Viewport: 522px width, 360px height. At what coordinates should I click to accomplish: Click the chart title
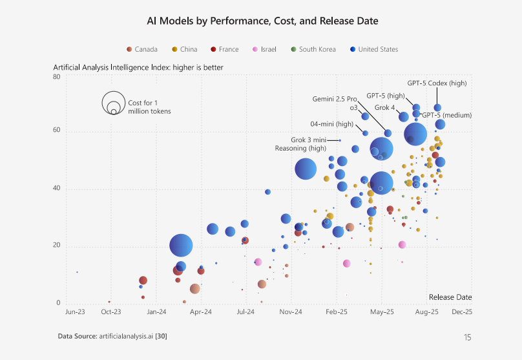pyautogui.click(x=262, y=21)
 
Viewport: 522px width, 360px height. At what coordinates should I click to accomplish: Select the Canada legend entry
pyautogui.click(x=142, y=49)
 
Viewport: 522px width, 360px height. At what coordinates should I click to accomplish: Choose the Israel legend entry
pyautogui.click(x=264, y=49)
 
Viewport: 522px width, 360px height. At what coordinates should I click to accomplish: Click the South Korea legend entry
pyautogui.click(x=313, y=49)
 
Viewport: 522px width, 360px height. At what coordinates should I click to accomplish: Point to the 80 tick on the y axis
pyautogui.click(x=56, y=76)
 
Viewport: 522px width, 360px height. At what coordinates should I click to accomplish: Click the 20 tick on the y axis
pyautogui.click(x=56, y=246)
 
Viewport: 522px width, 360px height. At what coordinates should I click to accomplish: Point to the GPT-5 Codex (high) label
pyautogui.click(x=437, y=83)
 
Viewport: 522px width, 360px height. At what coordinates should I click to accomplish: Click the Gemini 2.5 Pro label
pyautogui.click(x=335, y=99)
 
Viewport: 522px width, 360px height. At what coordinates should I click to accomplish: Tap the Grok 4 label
pyautogui.click(x=384, y=107)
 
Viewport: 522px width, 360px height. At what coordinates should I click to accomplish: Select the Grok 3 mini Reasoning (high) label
pyautogui.click(x=300, y=144)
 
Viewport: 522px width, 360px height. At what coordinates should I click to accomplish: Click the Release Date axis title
pyautogui.click(x=450, y=297)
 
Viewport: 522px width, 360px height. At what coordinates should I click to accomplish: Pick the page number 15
pyautogui.click(x=467, y=337)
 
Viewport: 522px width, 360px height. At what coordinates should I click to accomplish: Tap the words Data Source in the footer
pyautogui.click(x=76, y=336)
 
